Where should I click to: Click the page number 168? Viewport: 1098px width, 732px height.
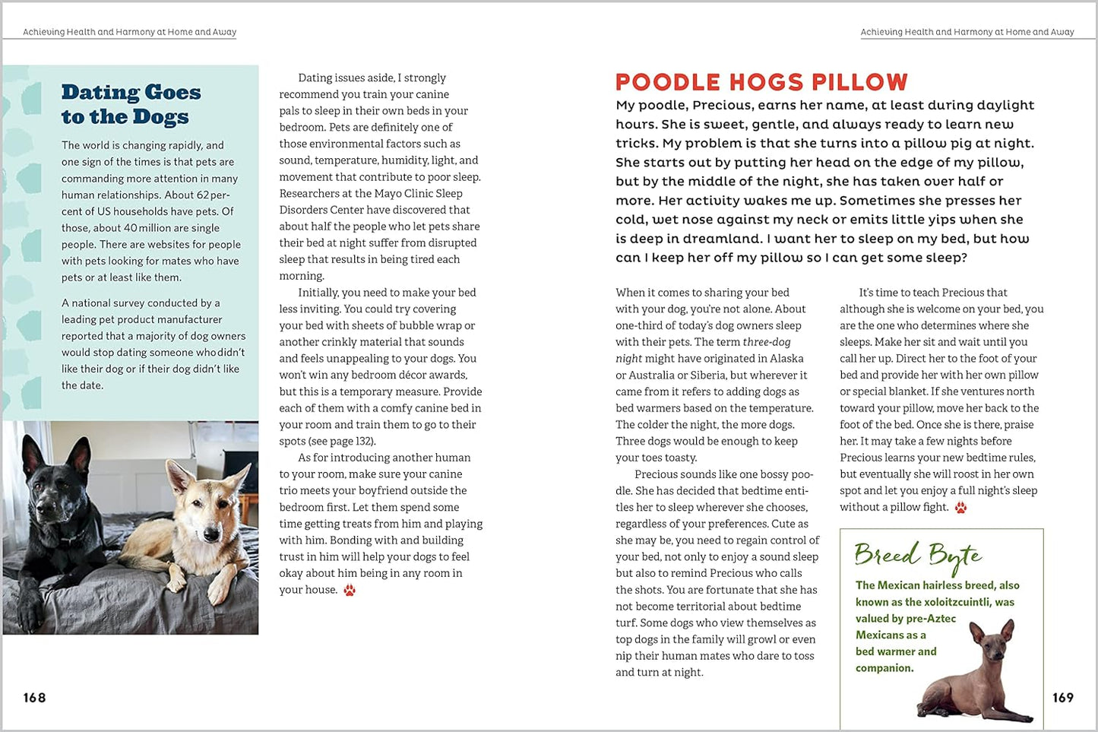point(34,698)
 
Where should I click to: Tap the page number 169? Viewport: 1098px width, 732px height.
point(1062,698)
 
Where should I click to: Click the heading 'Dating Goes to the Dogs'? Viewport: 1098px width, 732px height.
point(131,104)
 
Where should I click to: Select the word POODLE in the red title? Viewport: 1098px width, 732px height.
point(668,82)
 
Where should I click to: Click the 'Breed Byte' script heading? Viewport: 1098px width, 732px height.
point(917,556)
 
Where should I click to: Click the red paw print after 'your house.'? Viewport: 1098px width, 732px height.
point(350,591)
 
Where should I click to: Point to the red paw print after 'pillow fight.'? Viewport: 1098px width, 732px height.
point(960,508)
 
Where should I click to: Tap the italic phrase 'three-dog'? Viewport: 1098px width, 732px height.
point(767,342)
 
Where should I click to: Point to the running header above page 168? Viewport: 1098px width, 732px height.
point(129,32)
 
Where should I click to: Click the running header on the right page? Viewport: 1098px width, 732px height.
point(967,32)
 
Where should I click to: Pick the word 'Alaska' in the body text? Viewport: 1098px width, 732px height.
point(785,359)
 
